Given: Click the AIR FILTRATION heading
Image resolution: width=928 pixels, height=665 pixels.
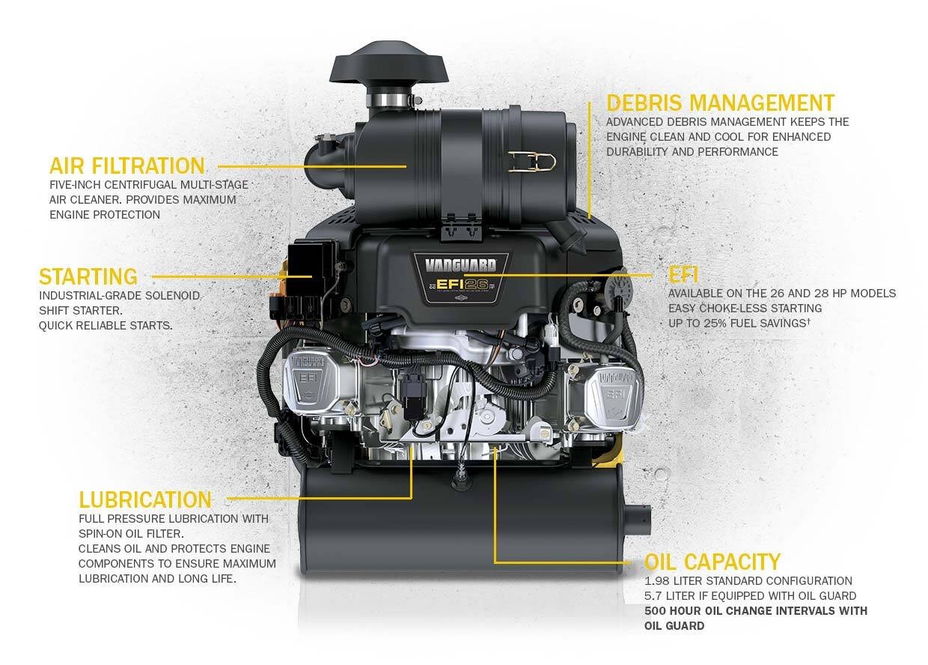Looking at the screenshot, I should click(126, 166).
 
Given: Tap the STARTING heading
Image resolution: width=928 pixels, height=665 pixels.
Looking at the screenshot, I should click(88, 276).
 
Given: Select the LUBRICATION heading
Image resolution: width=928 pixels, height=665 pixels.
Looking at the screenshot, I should click(145, 499).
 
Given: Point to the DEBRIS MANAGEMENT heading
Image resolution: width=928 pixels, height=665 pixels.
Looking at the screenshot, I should click(720, 103).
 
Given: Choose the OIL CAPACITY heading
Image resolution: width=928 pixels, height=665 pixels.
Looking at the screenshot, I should click(712, 562).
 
